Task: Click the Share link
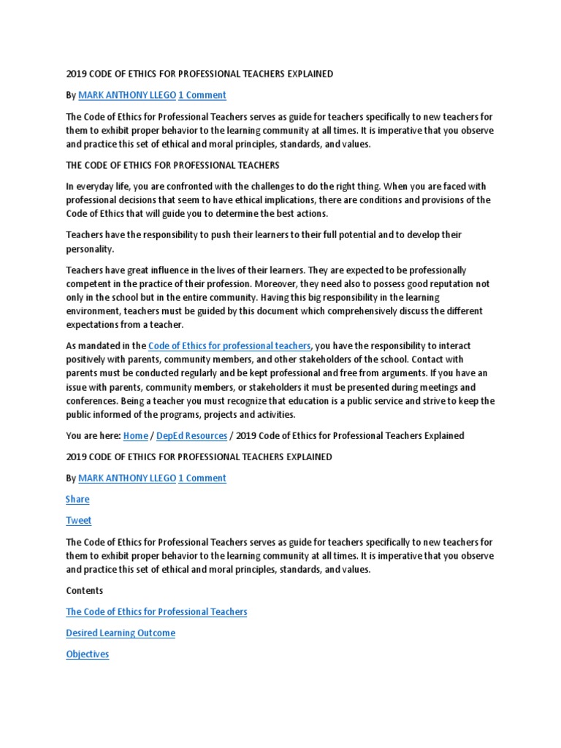[x=77, y=499]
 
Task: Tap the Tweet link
[x=79, y=520]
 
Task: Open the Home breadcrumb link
[x=136, y=435]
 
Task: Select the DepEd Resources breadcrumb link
[x=191, y=435]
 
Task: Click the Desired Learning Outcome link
[x=121, y=633]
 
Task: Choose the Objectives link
[x=88, y=654]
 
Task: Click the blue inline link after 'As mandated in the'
[x=230, y=346]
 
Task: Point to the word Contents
[x=85, y=590]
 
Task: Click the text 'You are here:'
[x=93, y=435]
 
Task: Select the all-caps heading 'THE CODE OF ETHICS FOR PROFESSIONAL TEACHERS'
[x=172, y=165]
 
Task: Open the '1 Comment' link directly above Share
[x=202, y=478]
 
